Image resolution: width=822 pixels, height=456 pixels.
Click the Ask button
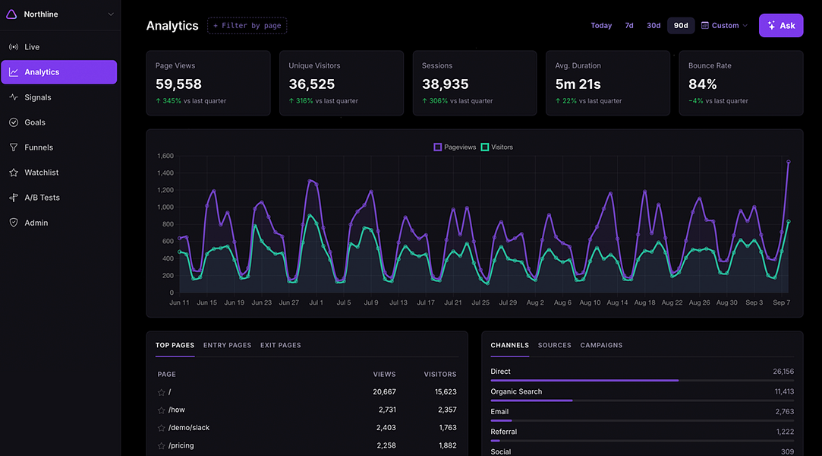(x=780, y=25)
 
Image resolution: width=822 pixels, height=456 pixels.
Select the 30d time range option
(x=654, y=25)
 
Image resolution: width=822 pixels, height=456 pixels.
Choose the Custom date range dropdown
(x=725, y=25)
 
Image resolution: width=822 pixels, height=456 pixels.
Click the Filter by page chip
(x=247, y=25)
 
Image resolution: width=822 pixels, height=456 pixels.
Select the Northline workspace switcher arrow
(x=111, y=14)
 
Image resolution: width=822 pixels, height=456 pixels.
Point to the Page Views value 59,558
(x=178, y=84)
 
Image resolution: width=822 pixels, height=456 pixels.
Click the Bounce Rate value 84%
(x=703, y=84)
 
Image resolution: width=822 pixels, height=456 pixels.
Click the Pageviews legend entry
(x=455, y=147)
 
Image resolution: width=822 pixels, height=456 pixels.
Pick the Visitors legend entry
(x=497, y=147)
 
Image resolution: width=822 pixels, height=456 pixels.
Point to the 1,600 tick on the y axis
(x=165, y=156)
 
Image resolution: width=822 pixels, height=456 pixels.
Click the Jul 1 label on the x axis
(x=316, y=302)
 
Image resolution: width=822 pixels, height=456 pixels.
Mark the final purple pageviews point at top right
(x=788, y=162)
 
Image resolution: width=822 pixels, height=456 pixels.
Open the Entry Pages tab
(x=227, y=345)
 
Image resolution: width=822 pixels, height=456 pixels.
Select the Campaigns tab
(x=601, y=345)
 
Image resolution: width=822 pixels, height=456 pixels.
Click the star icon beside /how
(x=162, y=410)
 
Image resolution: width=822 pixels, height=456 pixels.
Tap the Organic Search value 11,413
(x=784, y=391)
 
